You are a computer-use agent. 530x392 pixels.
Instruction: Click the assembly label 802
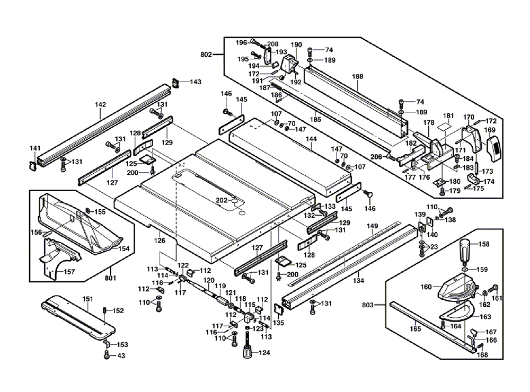pyautogui.click(x=206, y=55)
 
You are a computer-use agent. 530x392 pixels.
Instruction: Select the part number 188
pyautogui.click(x=358, y=77)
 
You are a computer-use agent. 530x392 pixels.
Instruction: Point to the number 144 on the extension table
pyautogui.click(x=312, y=140)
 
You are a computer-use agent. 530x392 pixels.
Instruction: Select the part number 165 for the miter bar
pyautogui.click(x=415, y=329)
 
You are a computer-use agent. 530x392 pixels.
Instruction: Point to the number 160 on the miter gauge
pyautogui.click(x=427, y=288)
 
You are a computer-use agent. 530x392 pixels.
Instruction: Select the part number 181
pyautogui.click(x=448, y=116)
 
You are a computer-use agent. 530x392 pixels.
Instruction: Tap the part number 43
pyautogui.click(x=121, y=356)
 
